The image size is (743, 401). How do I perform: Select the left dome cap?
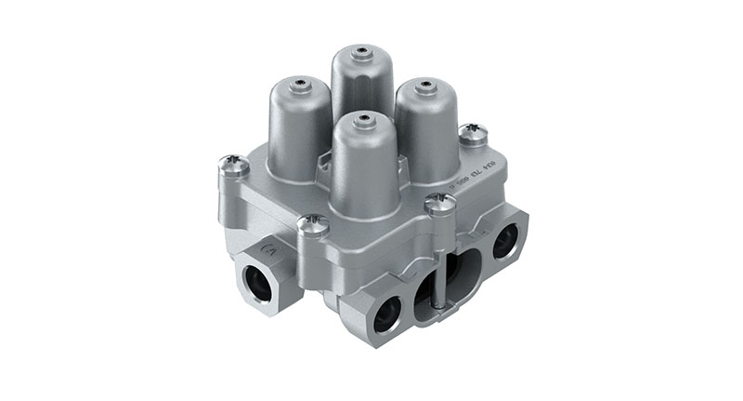(299, 126)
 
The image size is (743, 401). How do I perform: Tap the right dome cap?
(426, 126)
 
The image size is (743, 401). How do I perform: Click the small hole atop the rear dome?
(363, 47)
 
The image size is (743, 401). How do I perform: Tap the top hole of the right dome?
(426, 87)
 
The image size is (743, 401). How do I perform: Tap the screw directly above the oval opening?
(437, 204)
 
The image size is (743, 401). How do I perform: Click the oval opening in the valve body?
(447, 279)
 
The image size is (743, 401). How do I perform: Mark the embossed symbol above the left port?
(270, 247)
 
